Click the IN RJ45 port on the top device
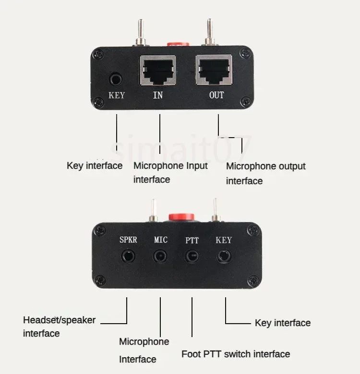pyautogui.click(x=158, y=70)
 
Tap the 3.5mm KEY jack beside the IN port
pyautogui.click(x=116, y=79)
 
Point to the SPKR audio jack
pyautogui.click(x=128, y=256)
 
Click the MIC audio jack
pyautogui.click(x=160, y=257)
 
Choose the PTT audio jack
pyautogui.click(x=192, y=257)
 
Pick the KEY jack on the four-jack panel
pyautogui.click(x=224, y=257)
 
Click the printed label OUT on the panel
pyautogui.click(x=216, y=95)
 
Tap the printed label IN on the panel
pyautogui.click(x=158, y=95)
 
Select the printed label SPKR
pyautogui.click(x=129, y=240)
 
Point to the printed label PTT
pyautogui.click(x=192, y=240)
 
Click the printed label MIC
pyautogui.click(x=161, y=240)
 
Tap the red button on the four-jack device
pyautogui.click(x=181, y=217)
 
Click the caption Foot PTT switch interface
pyautogui.click(x=236, y=354)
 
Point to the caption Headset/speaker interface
pyautogui.click(x=59, y=327)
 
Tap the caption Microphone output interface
pyautogui.click(x=266, y=174)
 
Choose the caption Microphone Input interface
pyautogui.click(x=170, y=173)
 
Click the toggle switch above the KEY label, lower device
pyautogui.click(x=216, y=210)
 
